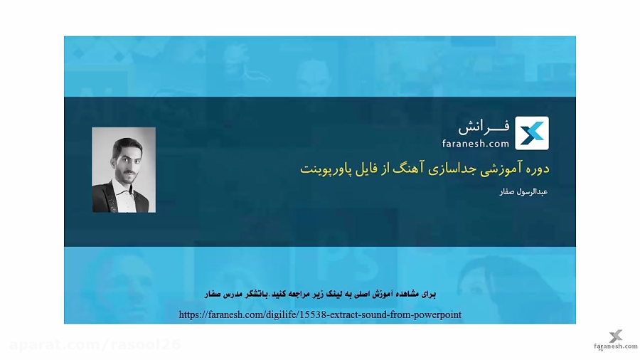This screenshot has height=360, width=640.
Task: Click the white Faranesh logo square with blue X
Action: [x=532, y=133]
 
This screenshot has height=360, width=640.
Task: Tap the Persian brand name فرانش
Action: [x=484, y=127]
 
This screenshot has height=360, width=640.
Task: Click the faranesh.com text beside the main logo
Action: [x=476, y=144]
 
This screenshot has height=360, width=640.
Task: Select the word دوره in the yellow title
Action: [x=538, y=169]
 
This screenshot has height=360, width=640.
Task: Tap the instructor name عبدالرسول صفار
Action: [x=523, y=192]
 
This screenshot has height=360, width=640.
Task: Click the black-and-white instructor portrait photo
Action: [x=124, y=170]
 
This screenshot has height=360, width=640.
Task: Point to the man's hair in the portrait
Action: [x=128, y=144]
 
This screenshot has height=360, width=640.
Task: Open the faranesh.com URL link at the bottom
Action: [x=320, y=314]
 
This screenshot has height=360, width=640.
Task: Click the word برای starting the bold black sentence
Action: [x=429, y=294]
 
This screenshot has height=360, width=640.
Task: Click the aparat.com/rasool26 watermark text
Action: [x=95, y=345]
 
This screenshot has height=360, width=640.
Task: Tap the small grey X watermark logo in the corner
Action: [x=616, y=336]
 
